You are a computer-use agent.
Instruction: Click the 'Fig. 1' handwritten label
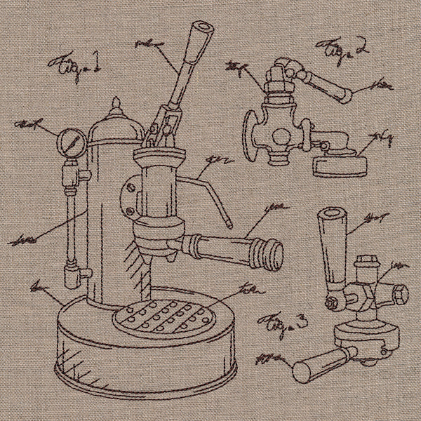(x=73, y=67)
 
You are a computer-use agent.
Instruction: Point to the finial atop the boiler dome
(x=116, y=106)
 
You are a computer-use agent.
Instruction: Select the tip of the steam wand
(x=229, y=225)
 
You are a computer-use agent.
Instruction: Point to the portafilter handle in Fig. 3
(x=315, y=363)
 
